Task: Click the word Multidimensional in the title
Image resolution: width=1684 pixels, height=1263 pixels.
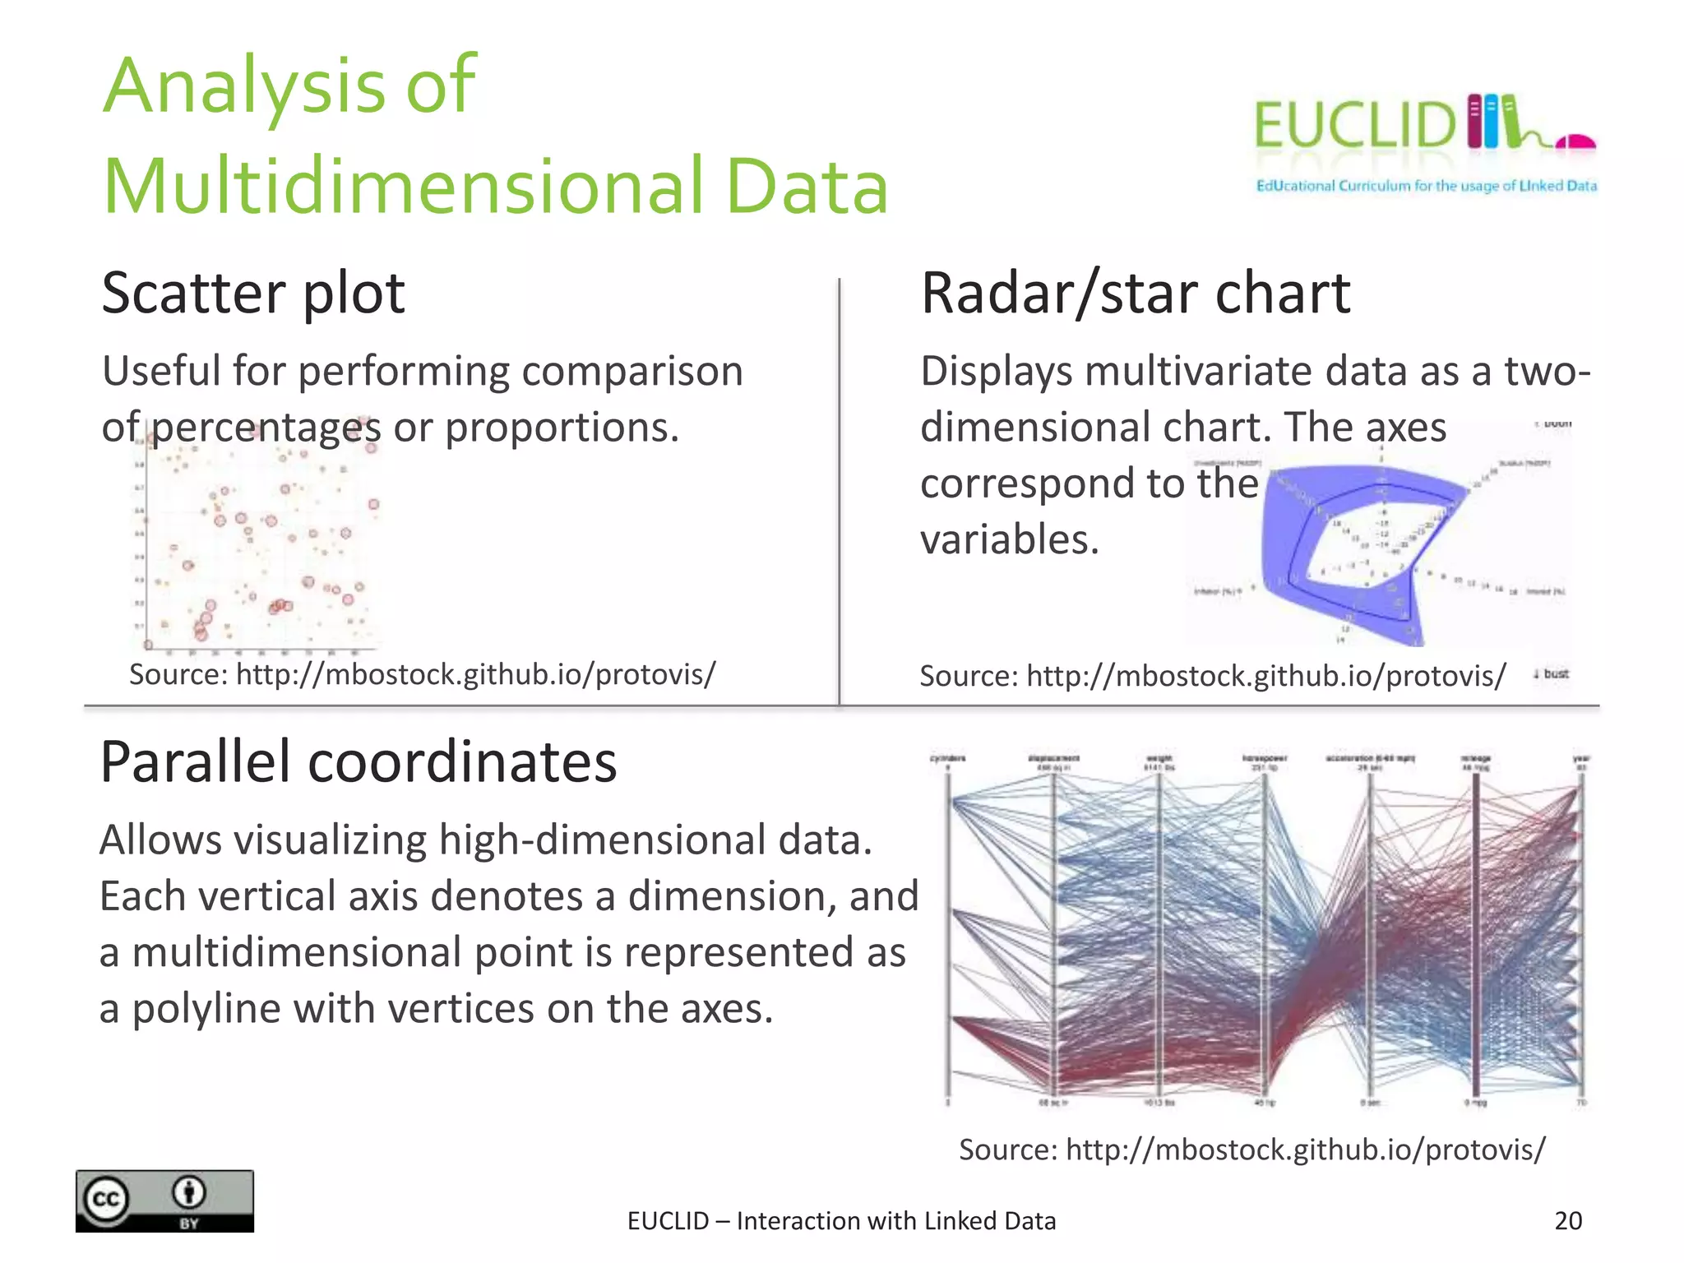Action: pyautogui.click(x=402, y=187)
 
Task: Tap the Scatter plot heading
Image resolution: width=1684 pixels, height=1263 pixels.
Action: pyautogui.click(x=253, y=294)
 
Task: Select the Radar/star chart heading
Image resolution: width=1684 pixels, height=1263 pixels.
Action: pyautogui.click(x=1135, y=294)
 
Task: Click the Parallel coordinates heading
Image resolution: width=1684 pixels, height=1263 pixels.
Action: pyautogui.click(x=358, y=762)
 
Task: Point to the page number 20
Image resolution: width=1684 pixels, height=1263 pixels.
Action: pyautogui.click(x=1567, y=1220)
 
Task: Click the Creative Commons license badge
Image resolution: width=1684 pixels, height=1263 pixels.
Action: pyautogui.click(x=164, y=1201)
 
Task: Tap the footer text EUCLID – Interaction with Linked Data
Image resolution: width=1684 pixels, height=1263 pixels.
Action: pyautogui.click(x=841, y=1221)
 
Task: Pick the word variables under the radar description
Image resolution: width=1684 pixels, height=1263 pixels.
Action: pyautogui.click(x=1009, y=540)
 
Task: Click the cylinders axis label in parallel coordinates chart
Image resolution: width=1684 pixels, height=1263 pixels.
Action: pyautogui.click(x=947, y=758)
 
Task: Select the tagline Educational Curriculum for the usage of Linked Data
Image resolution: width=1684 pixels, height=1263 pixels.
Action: pyautogui.click(x=1426, y=186)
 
